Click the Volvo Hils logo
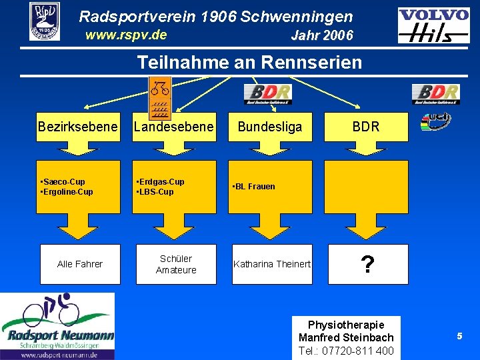click(433, 25)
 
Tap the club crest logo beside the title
click(45, 21)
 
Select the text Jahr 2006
click(322, 36)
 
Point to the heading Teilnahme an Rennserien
click(249, 63)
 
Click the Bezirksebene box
click(78, 127)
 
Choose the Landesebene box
click(174, 127)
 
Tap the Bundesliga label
click(270, 127)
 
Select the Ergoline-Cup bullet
click(68, 192)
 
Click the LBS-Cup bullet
click(156, 192)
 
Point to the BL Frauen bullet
click(254, 187)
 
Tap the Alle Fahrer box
click(80, 264)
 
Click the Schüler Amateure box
click(176, 264)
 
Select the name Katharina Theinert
click(272, 264)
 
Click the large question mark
click(366, 265)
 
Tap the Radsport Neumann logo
click(57, 326)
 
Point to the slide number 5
click(459, 337)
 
